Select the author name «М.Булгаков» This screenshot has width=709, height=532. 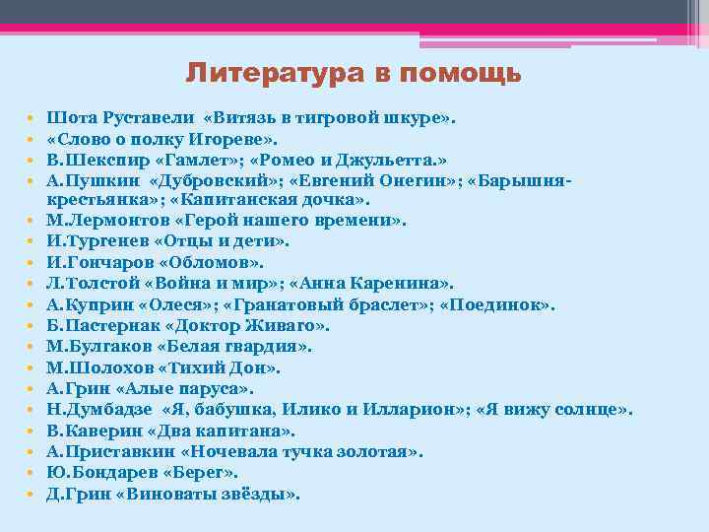96,347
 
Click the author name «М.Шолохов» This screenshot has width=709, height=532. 95,367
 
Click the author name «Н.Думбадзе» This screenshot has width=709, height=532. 96,410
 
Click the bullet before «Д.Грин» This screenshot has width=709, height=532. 32,495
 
